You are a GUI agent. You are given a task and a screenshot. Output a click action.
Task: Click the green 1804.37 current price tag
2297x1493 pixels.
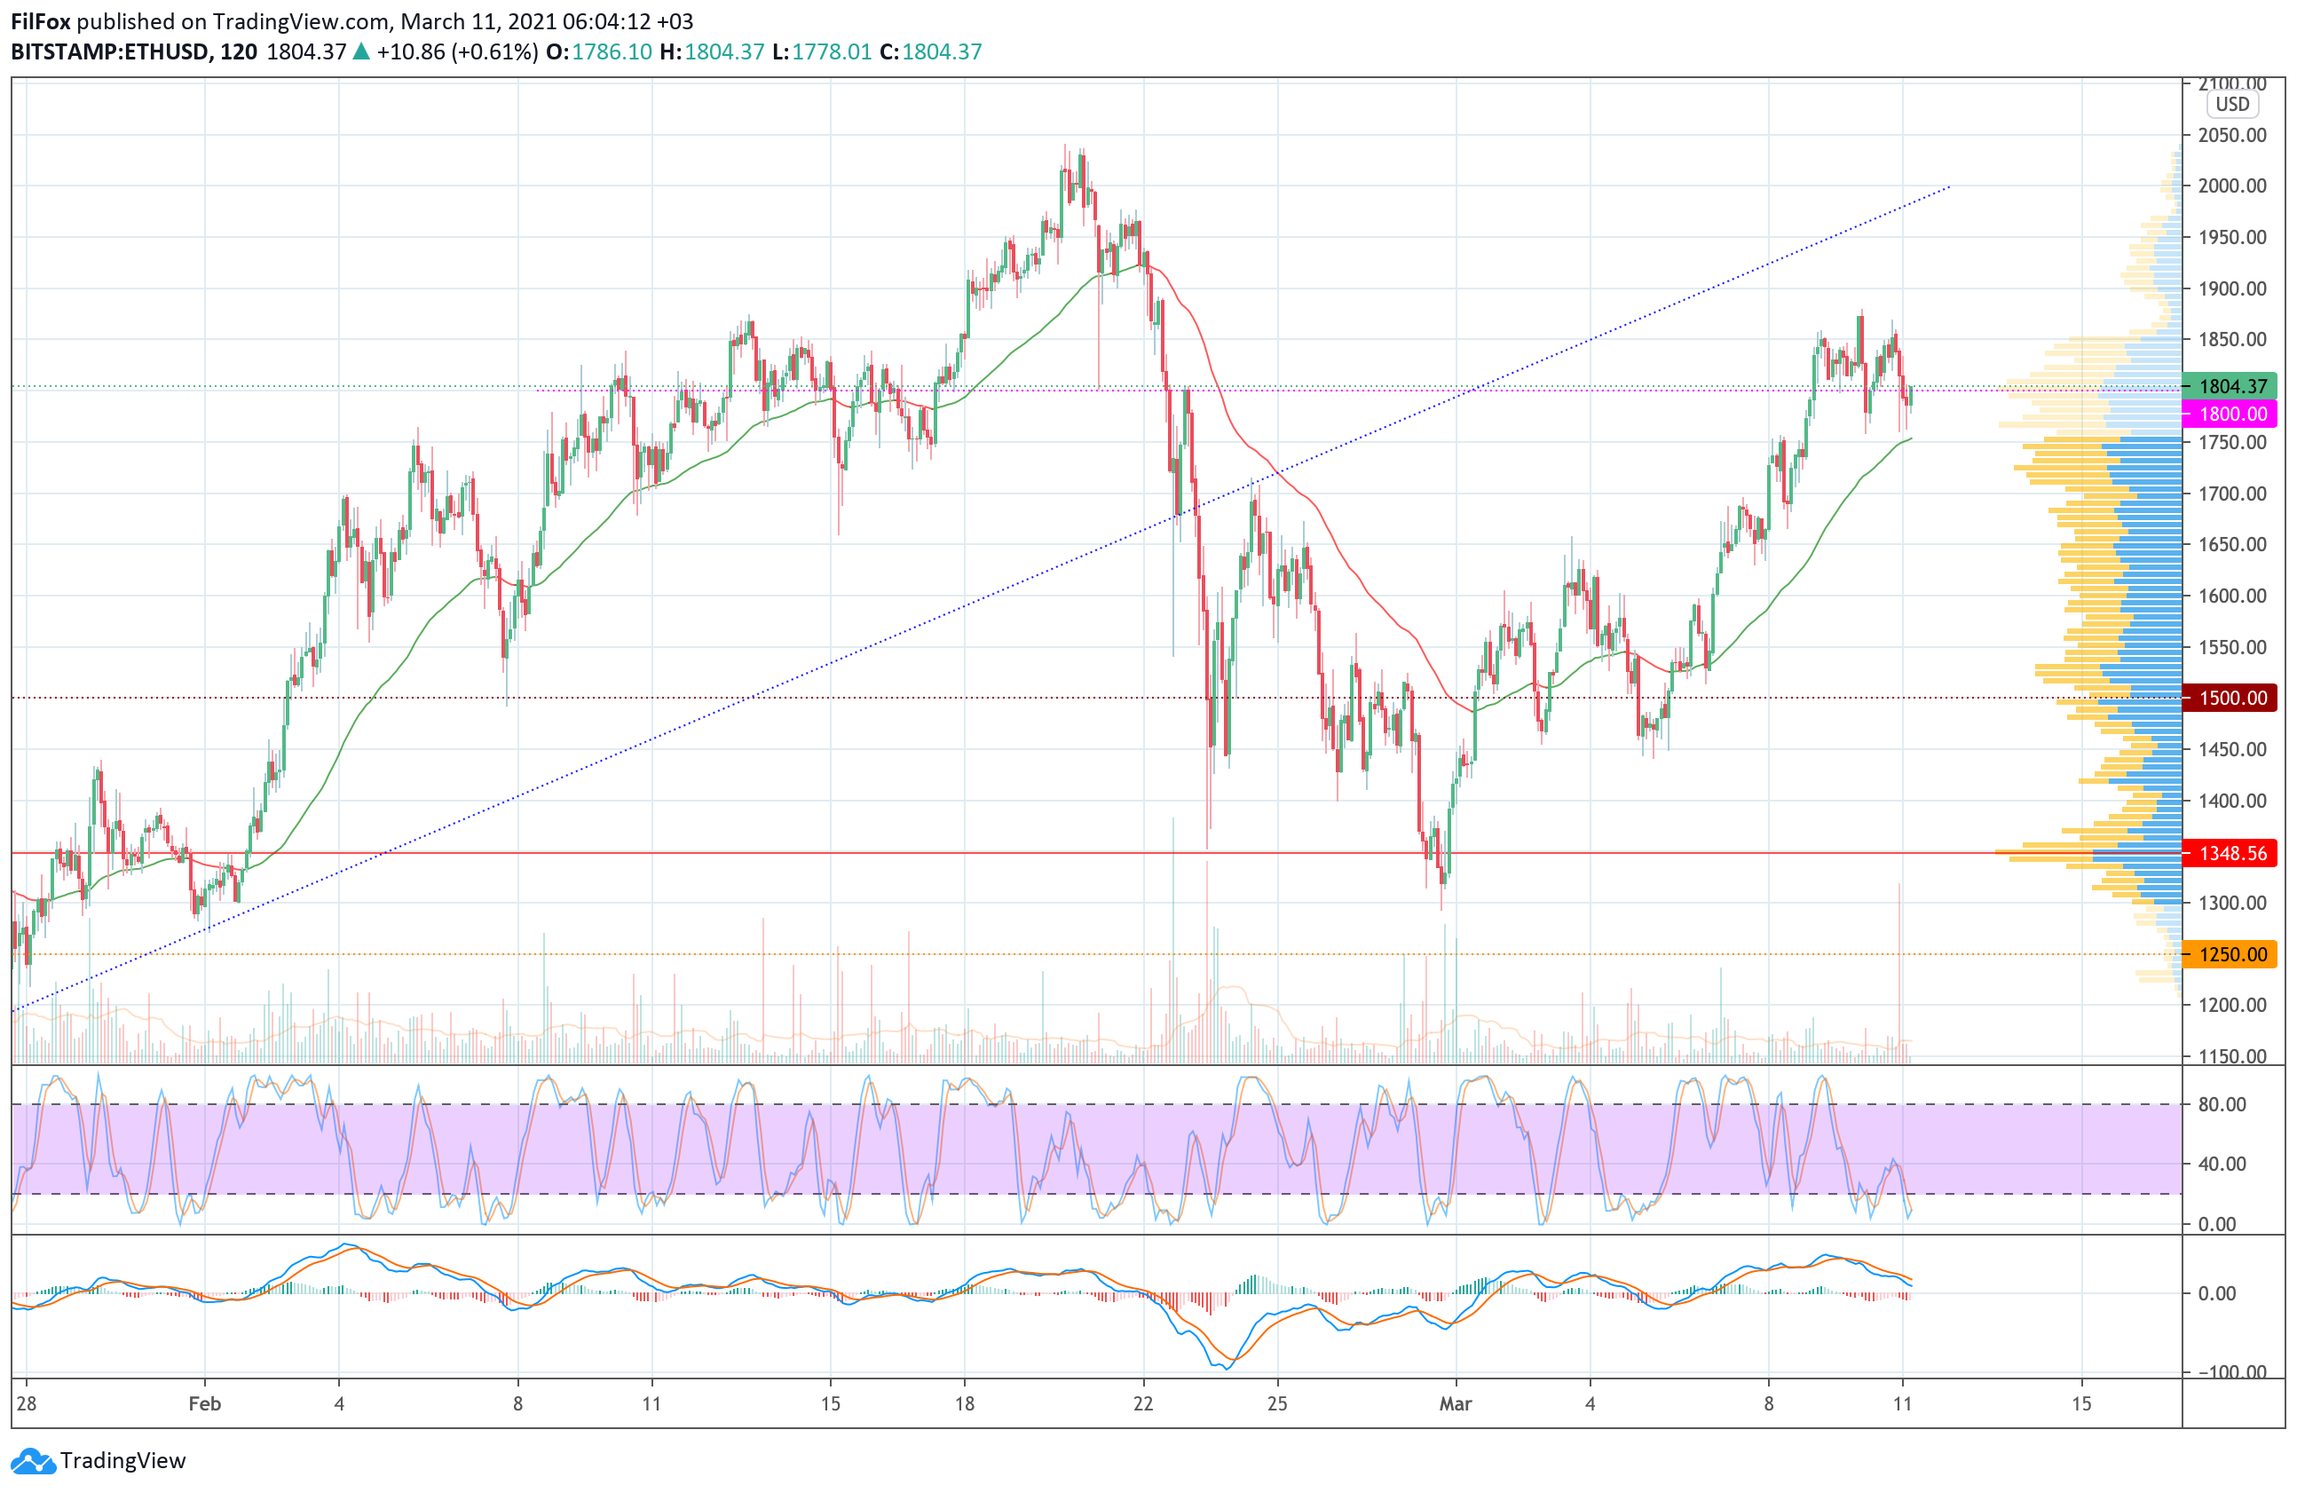pyautogui.click(x=2231, y=386)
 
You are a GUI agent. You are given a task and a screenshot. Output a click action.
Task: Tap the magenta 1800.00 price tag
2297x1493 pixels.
pyautogui.click(x=2231, y=414)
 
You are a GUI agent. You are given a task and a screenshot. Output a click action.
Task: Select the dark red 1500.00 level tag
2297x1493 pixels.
pyautogui.click(x=2231, y=698)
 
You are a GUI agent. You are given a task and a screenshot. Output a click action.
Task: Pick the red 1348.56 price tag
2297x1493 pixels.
pyautogui.click(x=2231, y=853)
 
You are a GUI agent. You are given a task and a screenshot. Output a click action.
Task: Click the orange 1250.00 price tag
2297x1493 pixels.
pyautogui.click(x=2231, y=954)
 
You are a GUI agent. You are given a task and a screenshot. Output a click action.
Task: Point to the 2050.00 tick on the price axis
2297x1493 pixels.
pyautogui.click(x=2231, y=135)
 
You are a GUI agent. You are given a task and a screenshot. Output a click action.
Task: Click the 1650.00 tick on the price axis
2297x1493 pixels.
pyautogui.click(x=2231, y=544)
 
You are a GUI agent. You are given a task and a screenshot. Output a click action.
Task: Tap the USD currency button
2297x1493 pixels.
pyautogui.click(x=2231, y=104)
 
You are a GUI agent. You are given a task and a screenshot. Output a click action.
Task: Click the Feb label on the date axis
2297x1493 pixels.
pyautogui.click(x=205, y=1403)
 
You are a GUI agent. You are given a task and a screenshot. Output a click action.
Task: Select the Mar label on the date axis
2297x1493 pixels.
pyautogui.click(x=1455, y=1403)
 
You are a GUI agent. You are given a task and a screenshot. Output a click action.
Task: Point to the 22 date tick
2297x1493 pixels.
pyautogui.click(x=1142, y=1403)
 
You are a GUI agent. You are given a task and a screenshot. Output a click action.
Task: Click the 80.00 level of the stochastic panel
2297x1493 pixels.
pyautogui.click(x=2222, y=1104)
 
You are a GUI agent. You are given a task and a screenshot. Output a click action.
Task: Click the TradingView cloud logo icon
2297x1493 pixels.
pyautogui.click(x=34, y=1461)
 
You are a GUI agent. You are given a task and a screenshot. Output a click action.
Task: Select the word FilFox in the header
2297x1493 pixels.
pyautogui.click(x=41, y=21)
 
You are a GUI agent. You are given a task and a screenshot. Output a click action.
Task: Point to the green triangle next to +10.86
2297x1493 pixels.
pyautogui.click(x=361, y=52)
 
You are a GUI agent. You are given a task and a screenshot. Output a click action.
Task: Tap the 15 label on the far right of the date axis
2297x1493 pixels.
pyautogui.click(x=2080, y=1403)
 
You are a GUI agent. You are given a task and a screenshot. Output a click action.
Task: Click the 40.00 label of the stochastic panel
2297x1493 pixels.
pyautogui.click(x=2222, y=1164)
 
